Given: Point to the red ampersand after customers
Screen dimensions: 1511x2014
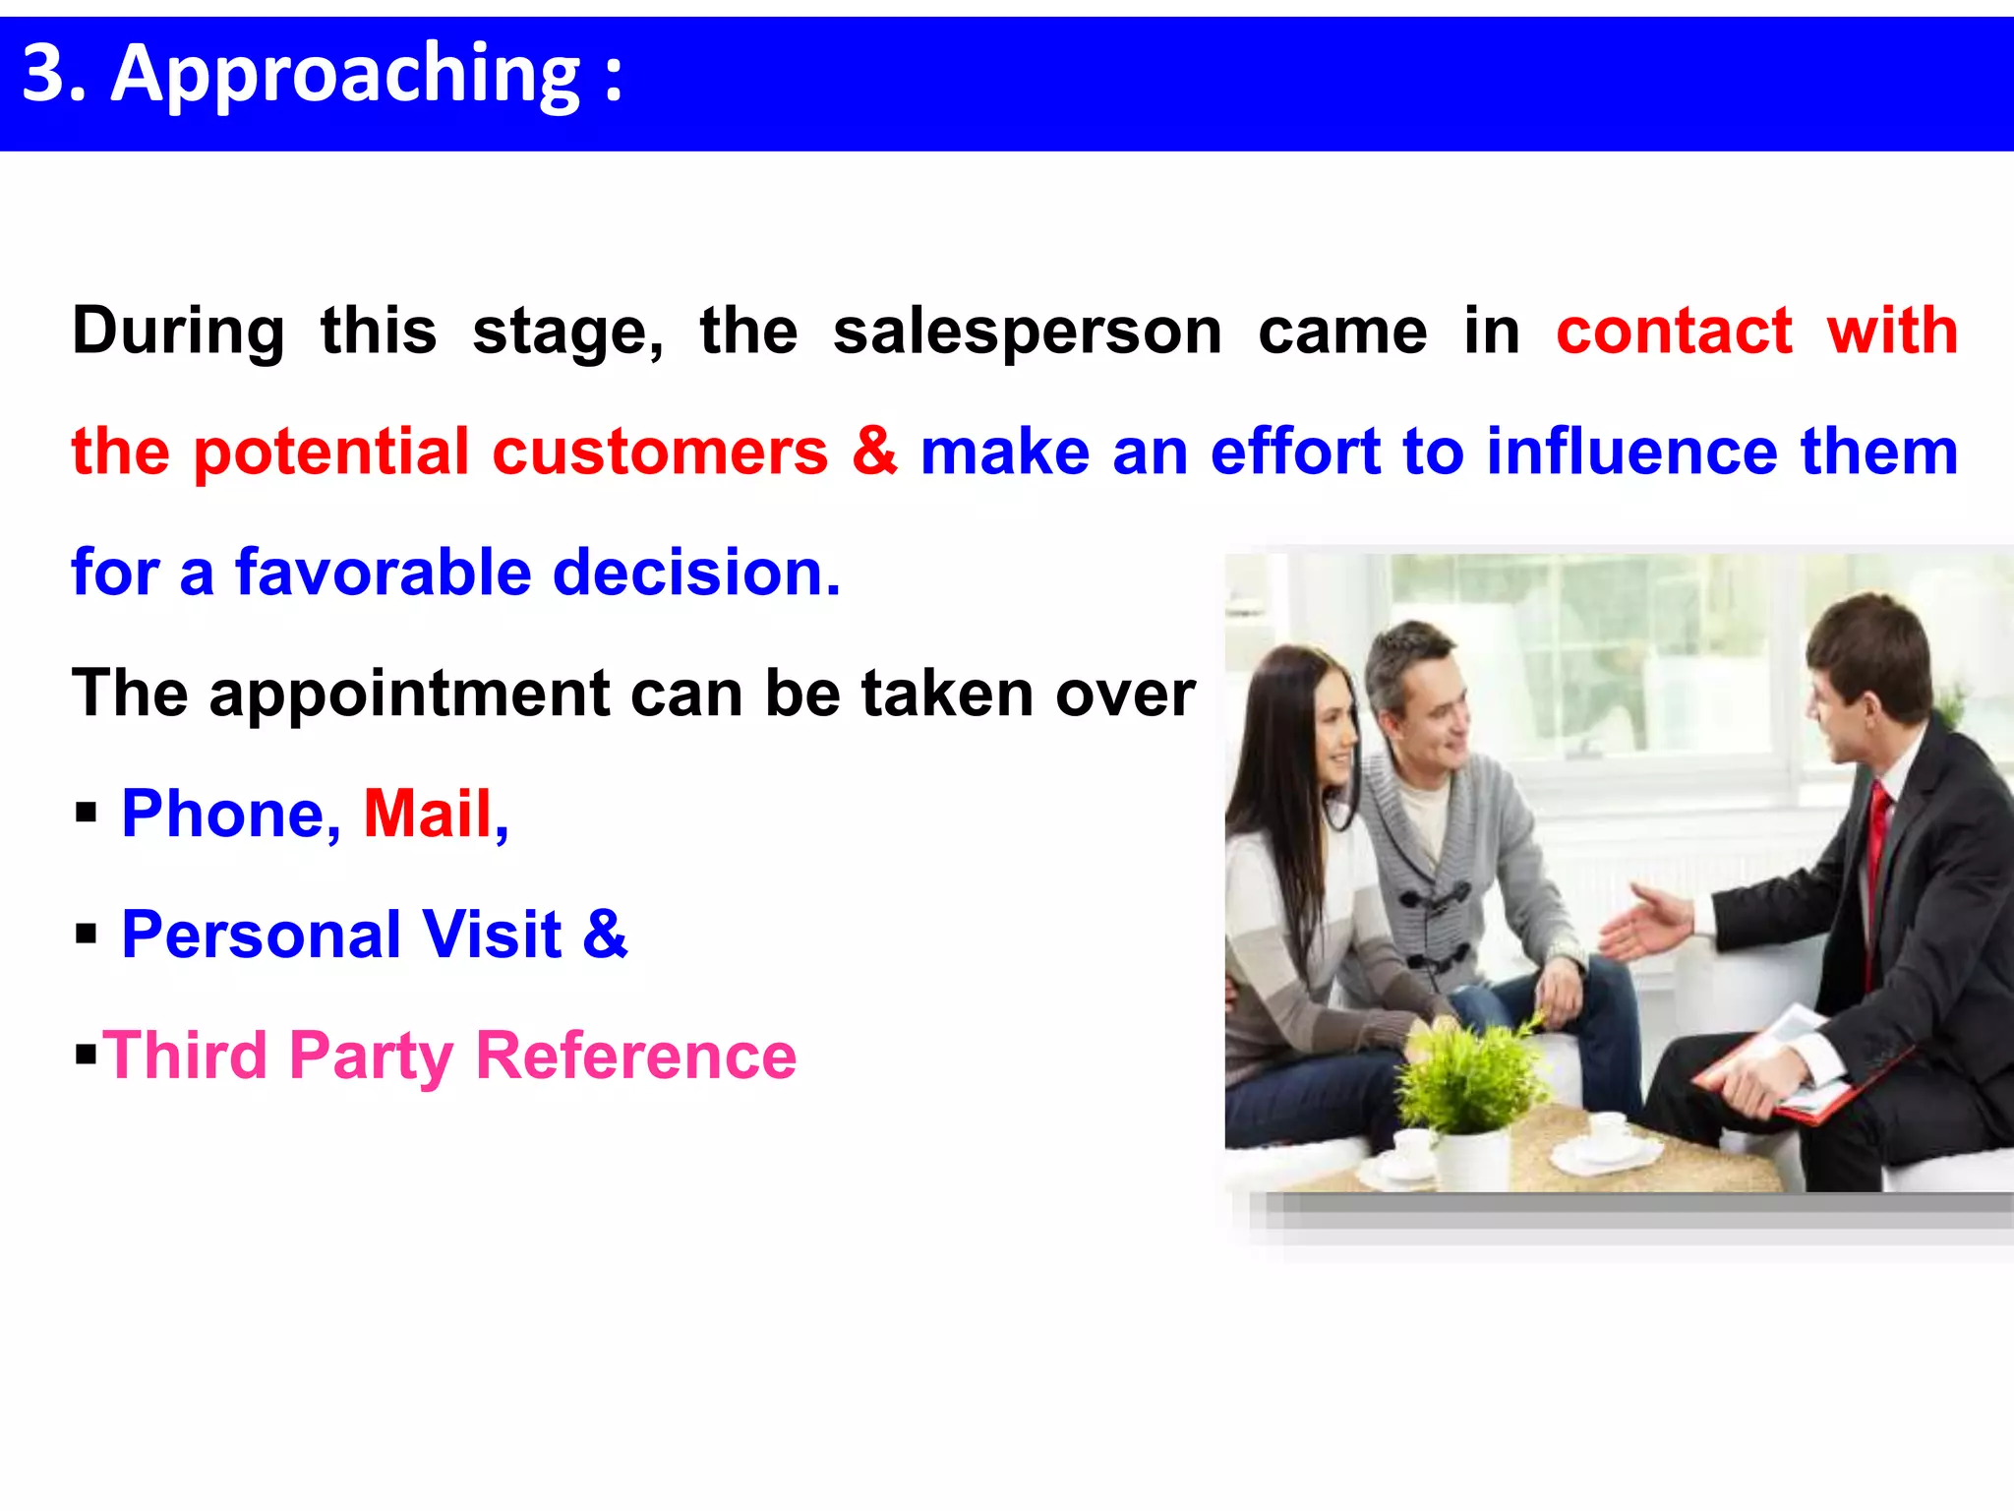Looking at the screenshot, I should click(874, 452).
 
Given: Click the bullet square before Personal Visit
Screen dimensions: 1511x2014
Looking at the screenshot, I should click(87, 934).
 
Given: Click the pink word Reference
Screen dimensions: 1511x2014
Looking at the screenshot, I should click(636, 1056).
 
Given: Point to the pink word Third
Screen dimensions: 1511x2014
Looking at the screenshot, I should click(185, 1056).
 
